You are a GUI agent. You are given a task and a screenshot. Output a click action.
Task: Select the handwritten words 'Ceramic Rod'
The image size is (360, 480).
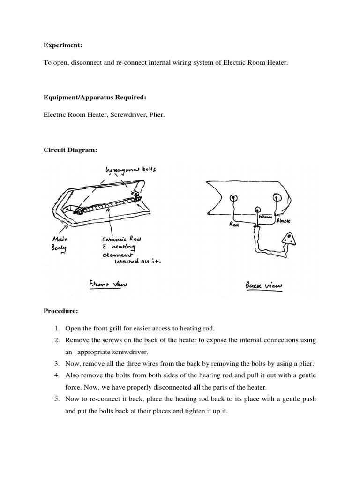tap(124, 239)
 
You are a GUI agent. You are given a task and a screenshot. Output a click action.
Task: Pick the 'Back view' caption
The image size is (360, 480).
tap(261, 285)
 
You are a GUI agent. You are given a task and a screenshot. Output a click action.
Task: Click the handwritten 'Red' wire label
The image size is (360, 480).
tap(234, 225)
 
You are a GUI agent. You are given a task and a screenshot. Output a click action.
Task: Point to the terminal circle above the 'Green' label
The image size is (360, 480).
tap(257, 210)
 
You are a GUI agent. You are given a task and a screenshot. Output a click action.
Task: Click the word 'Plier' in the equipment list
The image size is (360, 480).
tap(157, 114)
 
